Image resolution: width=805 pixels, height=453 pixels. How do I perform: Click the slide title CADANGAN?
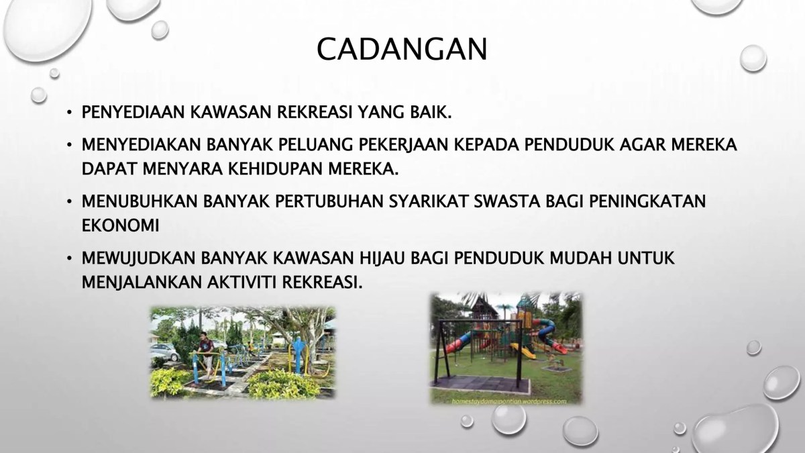click(402, 49)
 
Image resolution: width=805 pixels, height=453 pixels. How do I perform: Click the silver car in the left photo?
click(164, 350)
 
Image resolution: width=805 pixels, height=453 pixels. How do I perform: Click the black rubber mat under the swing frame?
click(480, 387)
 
